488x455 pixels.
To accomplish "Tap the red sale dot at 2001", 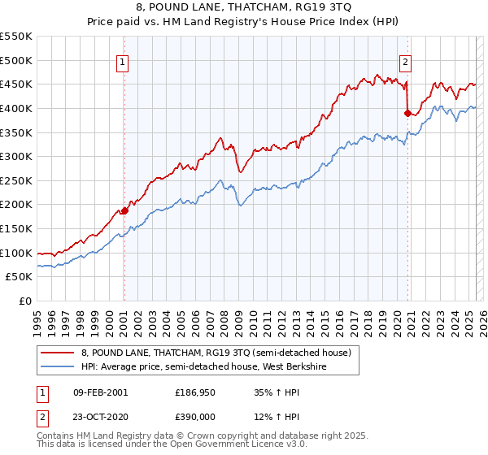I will coord(124,210).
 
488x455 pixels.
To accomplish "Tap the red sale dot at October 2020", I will coord(407,114).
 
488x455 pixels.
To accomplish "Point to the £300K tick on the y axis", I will coord(17,156).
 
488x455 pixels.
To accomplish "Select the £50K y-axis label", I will coord(20,277).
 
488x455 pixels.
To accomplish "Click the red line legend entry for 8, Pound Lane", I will coord(216,353).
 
